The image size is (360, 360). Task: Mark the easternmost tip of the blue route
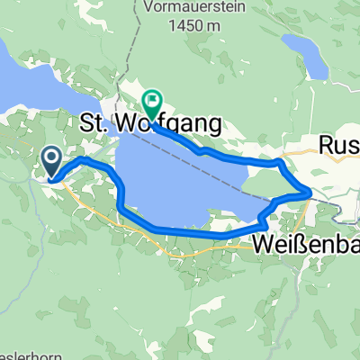(311, 192)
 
